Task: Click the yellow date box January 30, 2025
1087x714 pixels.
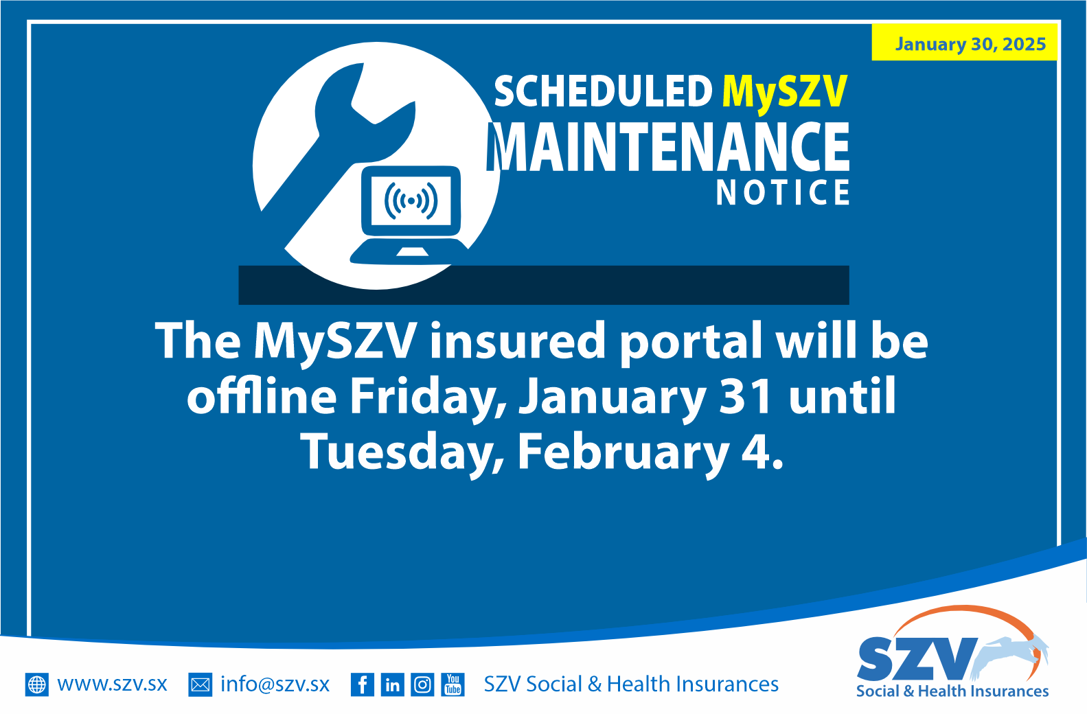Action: click(965, 43)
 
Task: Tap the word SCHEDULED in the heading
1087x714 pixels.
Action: click(603, 92)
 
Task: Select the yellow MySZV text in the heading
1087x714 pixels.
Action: click(785, 92)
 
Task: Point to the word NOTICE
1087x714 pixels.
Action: click(783, 192)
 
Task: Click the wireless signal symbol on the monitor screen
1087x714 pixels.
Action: click(411, 200)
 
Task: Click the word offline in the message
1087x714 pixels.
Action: click(262, 396)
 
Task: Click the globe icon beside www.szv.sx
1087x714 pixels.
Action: click(37, 684)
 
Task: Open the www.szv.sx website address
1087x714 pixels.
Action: click(112, 684)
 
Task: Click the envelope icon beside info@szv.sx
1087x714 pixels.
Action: click(200, 684)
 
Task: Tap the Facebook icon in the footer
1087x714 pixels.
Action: click(362, 684)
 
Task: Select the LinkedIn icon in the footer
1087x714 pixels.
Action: click(392, 684)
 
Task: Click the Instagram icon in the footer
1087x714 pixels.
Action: click(422, 684)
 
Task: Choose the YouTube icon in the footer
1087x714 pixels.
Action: click(453, 684)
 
